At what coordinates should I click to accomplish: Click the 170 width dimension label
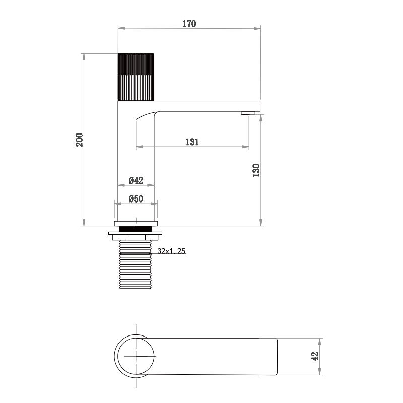point(189,24)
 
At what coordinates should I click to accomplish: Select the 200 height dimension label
point(79,140)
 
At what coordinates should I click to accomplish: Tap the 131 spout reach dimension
point(192,142)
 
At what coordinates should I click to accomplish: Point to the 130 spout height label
point(256,170)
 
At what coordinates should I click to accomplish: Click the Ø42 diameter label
point(136,180)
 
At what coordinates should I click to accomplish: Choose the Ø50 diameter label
point(136,199)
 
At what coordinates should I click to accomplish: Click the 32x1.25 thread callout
point(171,251)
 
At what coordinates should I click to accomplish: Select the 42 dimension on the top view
point(315,357)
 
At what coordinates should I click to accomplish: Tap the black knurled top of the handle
point(136,64)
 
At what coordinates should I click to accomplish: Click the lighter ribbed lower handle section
point(136,88)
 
